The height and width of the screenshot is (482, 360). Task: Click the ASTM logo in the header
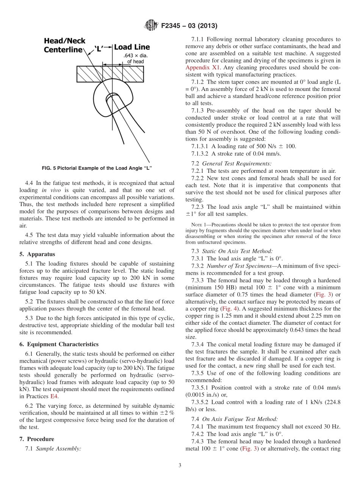[152, 26]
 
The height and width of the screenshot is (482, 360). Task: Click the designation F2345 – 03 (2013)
[189, 26]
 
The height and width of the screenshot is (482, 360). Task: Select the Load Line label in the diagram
[132, 47]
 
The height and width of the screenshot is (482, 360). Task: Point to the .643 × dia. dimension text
[135, 56]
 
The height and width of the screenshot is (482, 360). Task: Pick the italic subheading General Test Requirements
[236, 164]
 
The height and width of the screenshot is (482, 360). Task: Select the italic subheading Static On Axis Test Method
[237, 251]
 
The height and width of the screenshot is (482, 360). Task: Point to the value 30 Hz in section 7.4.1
[332, 427]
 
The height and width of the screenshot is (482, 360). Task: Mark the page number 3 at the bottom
[180, 465]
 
